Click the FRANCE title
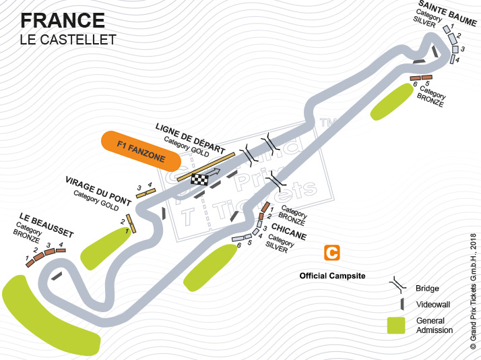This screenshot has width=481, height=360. point(63,21)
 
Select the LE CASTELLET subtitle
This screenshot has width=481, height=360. point(68,40)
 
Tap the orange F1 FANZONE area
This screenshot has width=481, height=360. point(141,151)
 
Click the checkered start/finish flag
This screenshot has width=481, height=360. point(199,179)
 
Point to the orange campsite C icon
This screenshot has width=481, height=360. point(332,253)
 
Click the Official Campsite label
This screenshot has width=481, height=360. point(333,276)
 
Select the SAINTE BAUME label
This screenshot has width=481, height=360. point(448,13)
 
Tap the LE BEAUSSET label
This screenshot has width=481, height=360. point(46,225)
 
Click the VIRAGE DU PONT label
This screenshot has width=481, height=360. point(98,191)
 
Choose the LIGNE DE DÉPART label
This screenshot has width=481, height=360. point(191,138)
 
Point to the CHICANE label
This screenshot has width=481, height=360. point(289,231)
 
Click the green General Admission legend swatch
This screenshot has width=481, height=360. point(396,326)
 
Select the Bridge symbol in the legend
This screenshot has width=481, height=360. point(398,284)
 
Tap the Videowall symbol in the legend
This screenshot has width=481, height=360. point(402,304)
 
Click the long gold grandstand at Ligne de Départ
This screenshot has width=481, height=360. point(206,167)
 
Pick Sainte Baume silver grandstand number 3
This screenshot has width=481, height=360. point(455,49)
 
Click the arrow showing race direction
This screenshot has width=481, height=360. point(215,172)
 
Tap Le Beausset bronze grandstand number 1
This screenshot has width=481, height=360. point(30,263)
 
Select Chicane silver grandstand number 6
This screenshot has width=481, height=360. point(238,239)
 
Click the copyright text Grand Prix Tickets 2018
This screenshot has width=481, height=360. point(473,291)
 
